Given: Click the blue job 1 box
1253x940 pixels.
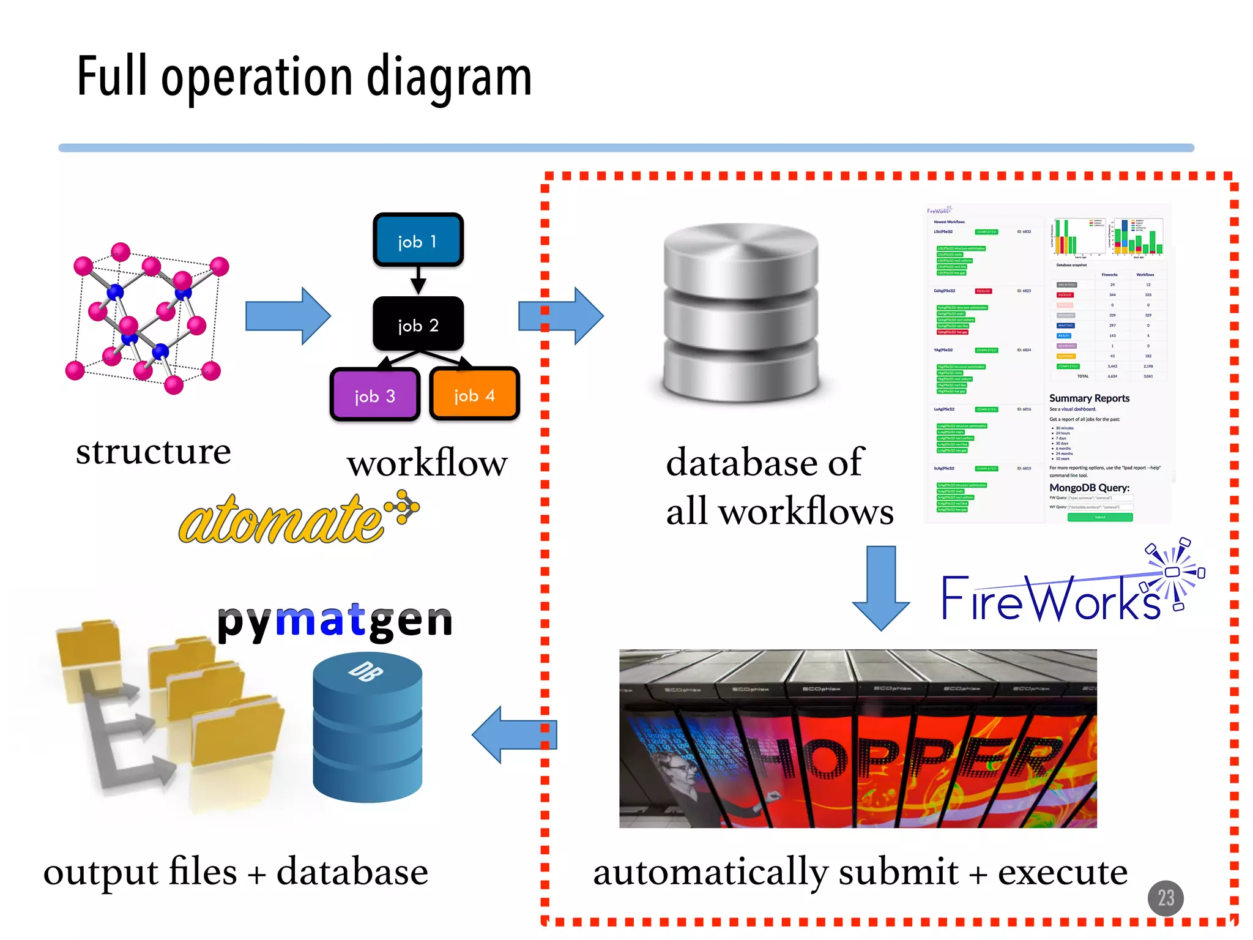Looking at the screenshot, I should [x=418, y=240].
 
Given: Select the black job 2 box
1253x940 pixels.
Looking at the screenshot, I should [x=418, y=324].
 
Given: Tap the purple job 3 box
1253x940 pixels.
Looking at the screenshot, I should [x=374, y=395].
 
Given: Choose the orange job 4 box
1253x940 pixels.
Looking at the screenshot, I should [x=474, y=394].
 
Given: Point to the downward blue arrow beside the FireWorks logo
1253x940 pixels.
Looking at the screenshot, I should [x=881, y=587].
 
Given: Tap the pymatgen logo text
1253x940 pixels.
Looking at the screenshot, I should [x=335, y=621].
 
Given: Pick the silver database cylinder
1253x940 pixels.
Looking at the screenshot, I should [x=741, y=312].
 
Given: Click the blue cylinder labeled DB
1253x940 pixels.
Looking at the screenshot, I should [x=367, y=728].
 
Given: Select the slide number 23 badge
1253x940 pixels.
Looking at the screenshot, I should [x=1166, y=898].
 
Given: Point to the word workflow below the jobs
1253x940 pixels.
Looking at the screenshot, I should [x=427, y=463].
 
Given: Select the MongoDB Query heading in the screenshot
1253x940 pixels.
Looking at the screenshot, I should [x=1089, y=488].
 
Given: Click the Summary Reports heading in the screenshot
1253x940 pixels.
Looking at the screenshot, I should [x=1089, y=398].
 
